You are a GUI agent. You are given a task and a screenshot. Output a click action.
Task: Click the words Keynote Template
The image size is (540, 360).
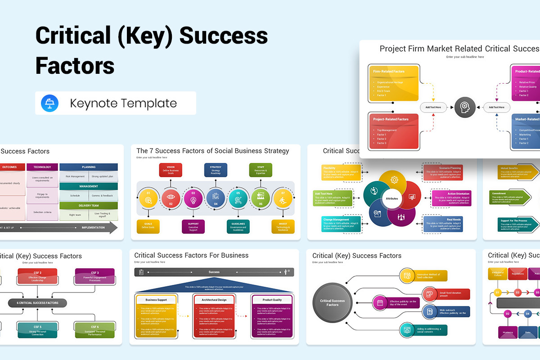click(123, 103)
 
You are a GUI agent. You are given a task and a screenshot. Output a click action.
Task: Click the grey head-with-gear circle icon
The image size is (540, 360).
click(464, 107)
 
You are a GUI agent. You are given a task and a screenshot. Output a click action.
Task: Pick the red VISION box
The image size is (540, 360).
click(171, 170)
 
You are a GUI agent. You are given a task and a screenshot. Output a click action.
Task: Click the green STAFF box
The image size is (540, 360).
click(261, 170)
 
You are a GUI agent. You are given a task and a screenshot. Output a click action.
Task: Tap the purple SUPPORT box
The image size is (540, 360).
click(193, 226)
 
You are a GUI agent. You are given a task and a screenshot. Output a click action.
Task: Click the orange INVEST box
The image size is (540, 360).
click(283, 226)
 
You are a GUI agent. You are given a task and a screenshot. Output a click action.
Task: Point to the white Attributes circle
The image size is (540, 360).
click(391, 198)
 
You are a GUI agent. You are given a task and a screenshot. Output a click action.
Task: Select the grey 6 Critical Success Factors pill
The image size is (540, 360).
click(37, 303)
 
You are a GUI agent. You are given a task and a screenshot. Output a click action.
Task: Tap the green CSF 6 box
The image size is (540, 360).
click(94, 330)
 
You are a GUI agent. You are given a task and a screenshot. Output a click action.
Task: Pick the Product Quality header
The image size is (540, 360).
click(272, 300)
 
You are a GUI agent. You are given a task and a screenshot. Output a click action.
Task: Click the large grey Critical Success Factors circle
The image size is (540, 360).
click(332, 302)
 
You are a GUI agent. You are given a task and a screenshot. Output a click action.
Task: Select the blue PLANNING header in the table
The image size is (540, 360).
click(89, 167)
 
